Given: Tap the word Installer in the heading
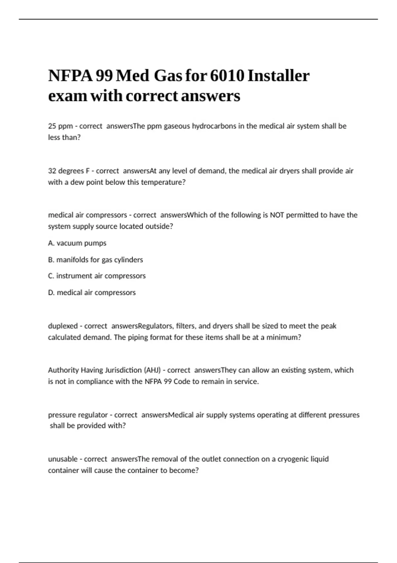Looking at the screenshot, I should [x=278, y=76].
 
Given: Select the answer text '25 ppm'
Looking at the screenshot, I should [x=60, y=126].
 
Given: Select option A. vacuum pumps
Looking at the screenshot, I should [x=77, y=243].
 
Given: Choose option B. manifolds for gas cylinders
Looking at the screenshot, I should [x=95, y=260].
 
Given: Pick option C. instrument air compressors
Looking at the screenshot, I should [x=97, y=276].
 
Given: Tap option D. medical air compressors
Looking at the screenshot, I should [x=92, y=292].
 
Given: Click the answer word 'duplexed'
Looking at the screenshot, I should [x=63, y=326].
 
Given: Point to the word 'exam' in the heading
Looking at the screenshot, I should [x=67, y=96].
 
